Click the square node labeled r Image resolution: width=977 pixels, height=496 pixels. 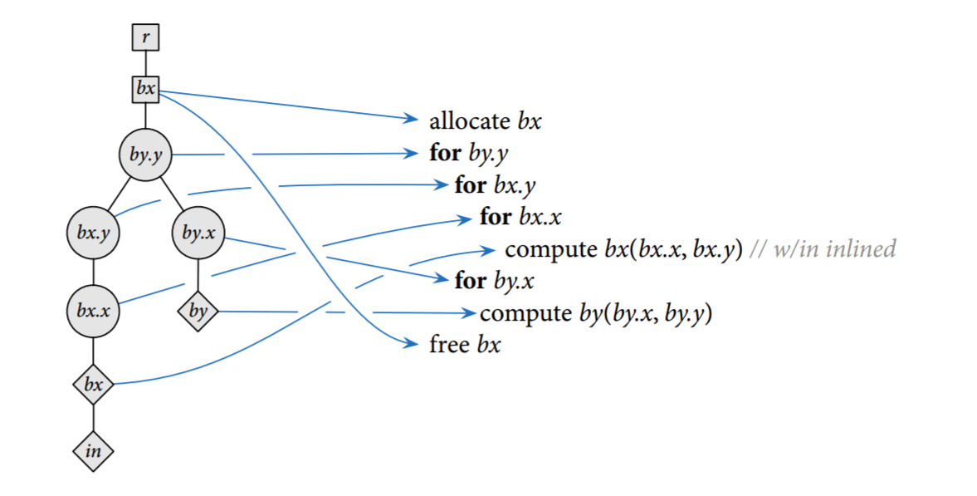[145, 37]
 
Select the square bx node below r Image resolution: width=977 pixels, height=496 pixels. [145, 89]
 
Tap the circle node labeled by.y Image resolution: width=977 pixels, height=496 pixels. [146, 155]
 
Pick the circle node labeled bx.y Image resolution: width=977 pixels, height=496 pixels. [93, 233]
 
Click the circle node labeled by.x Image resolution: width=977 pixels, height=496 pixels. [198, 233]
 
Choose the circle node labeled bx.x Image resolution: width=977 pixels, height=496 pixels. [93, 312]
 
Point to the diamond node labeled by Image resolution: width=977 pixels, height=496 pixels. [198, 312]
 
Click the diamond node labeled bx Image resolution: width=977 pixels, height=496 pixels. [93, 385]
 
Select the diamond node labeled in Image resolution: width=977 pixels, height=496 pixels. [93, 451]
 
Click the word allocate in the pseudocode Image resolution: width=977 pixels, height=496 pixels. [469, 121]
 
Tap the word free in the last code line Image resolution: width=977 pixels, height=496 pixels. [449, 344]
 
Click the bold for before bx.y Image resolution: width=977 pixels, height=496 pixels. [471, 184]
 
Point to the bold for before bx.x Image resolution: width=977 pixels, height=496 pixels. [496, 218]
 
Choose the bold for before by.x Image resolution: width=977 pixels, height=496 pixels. [471, 281]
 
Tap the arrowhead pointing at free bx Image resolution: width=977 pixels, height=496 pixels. [412, 343]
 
